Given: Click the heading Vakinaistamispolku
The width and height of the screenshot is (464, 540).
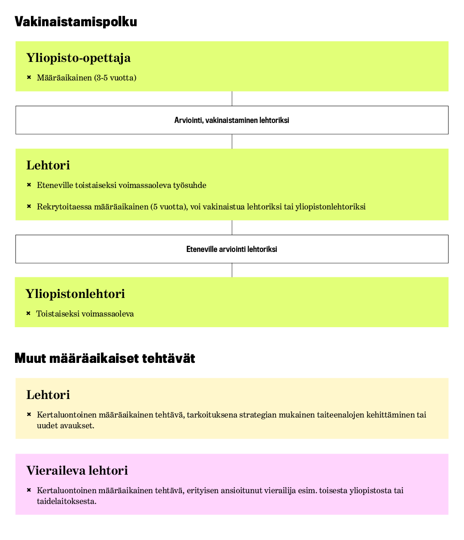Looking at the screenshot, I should (76, 21).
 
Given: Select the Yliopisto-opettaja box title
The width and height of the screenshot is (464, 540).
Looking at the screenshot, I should (78, 58).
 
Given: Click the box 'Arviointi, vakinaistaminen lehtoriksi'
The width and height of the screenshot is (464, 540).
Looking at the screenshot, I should (232, 120).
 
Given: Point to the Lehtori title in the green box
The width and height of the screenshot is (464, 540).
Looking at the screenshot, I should (48, 165).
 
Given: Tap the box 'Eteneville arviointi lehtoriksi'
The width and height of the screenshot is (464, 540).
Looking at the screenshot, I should (232, 249).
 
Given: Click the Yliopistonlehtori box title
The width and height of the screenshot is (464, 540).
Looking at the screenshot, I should (75, 294).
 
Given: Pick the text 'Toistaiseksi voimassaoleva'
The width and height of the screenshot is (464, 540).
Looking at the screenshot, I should (85, 314).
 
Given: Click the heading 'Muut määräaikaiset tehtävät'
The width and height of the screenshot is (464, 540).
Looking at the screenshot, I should (105, 358).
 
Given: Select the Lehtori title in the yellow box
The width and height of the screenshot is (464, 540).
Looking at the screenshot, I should (48, 395).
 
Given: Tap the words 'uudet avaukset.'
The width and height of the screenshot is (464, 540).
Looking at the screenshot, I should (65, 426).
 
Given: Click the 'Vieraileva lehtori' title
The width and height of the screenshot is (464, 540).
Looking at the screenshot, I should (77, 470).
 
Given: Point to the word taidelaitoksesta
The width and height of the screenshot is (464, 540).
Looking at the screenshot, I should (66, 501).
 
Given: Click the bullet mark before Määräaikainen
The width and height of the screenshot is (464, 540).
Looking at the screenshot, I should (29, 77).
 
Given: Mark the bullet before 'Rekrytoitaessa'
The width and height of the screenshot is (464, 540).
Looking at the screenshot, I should (29, 206).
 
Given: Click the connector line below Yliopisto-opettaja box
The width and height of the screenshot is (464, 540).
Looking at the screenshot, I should (232, 98).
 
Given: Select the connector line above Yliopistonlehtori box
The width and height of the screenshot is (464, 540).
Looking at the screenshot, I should (232, 270).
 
